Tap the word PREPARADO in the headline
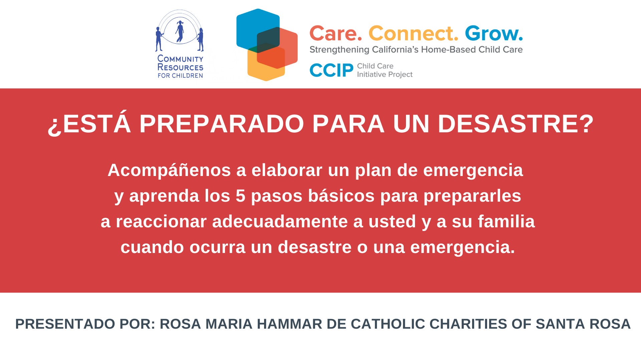pos(222,124)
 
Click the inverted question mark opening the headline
pos(55,126)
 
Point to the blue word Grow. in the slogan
pos(494,33)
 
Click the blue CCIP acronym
pos(331,70)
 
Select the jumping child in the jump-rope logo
pos(180,32)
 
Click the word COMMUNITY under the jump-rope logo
pos(180,59)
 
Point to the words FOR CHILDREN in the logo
pos(180,76)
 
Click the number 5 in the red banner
pos(240,196)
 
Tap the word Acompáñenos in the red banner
pos(169,170)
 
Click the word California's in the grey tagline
pos(395,50)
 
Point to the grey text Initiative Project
pos(385,75)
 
